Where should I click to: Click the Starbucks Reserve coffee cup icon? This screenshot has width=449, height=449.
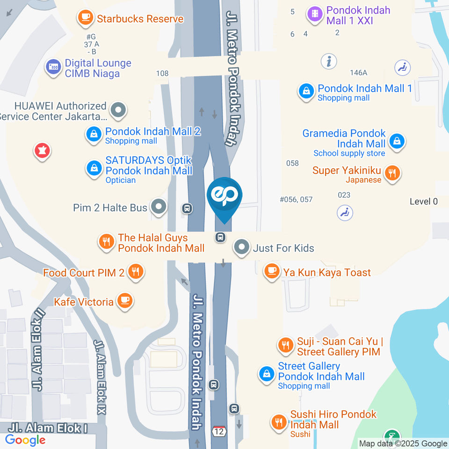pos(85,17)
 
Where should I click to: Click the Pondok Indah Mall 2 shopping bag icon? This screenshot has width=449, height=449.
pos(94,135)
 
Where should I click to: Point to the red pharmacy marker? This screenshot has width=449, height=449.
pos(42,151)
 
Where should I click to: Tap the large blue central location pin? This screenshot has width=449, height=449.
pos(224,196)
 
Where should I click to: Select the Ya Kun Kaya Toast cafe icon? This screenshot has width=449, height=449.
pos(271,271)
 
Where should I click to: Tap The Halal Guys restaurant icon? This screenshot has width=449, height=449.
pos(107,242)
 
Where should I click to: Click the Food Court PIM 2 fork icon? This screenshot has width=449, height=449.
pos(136,271)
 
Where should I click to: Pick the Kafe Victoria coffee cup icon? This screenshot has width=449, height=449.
pos(124,301)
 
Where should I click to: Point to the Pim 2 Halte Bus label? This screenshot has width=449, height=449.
pos(110,207)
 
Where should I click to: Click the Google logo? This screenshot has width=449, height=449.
pos(25,440)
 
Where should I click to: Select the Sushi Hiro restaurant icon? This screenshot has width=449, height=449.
pos(279,423)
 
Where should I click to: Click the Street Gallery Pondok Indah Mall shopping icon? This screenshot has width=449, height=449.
pos(267,374)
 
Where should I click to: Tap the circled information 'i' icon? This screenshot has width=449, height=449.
pos(329,61)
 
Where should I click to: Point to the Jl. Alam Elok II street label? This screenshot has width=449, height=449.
pos(38,348)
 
